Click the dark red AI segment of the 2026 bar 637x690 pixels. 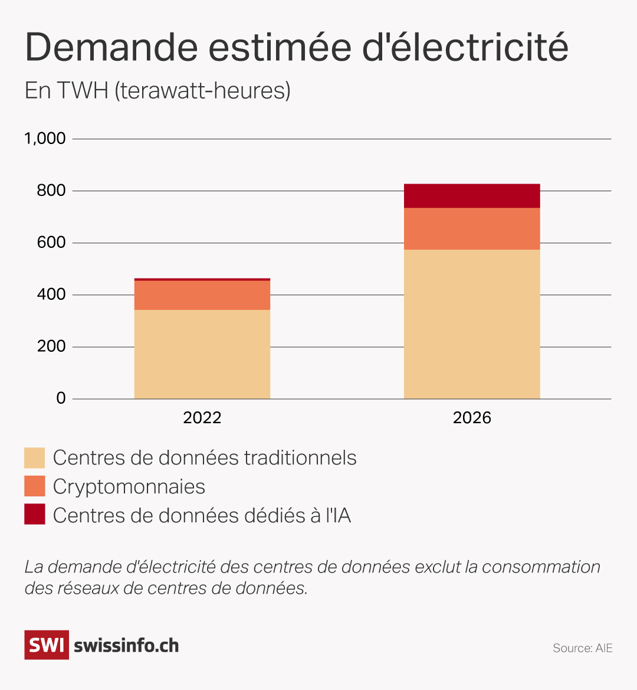[x=472, y=196]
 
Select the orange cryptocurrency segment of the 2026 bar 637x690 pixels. [x=472, y=229]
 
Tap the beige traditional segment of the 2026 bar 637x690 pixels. [x=472, y=325]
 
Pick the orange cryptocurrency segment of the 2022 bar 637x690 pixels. [x=202, y=295]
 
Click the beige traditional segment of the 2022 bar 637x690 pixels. [x=202, y=354]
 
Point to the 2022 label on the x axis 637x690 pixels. [x=202, y=418]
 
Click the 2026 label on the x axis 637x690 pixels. [x=472, y=418]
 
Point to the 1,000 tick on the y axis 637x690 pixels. [x=45, y=139]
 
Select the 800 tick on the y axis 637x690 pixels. [x=51, y=191]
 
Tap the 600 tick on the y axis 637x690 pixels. [x=51, y=243]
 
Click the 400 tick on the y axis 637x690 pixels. [x=51, y=295]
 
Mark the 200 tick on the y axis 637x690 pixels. [x=51, y=346]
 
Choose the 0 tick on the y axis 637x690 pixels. [x=61, y=398]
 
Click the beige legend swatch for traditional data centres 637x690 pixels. [x=35, y=458]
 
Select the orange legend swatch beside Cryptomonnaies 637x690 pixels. [x=35, y=486]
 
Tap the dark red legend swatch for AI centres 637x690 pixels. [x=35, y=515]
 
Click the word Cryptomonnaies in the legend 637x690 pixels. [x=129, y=487]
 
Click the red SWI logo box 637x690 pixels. [x=46, y=645]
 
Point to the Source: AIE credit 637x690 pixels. [x=582, y=648]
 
